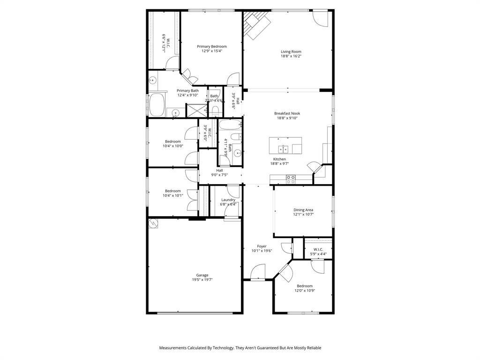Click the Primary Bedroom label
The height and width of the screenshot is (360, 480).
tap(211, 46)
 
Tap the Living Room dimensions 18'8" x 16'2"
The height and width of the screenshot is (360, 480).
tap(291, 56)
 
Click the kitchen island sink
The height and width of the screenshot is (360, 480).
tap(283, 149)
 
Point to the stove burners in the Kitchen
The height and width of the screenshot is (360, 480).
tap(291, 179)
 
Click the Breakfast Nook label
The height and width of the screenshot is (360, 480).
tap(287, 113)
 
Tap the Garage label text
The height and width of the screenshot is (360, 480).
tap(202, 275)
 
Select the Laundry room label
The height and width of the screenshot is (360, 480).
tap(228, 200)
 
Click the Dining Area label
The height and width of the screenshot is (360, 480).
tap(303, 210)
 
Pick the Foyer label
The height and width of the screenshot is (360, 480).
tap(262, 246)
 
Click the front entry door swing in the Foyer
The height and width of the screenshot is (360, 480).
tap(258, 272)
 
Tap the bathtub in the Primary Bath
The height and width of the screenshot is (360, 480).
tap(157, 105)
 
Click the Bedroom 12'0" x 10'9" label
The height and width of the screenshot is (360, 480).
tap(304, 285)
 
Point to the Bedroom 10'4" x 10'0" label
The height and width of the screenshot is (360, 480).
tap(172, 142)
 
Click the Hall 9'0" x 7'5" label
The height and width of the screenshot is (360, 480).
tap(219, 170)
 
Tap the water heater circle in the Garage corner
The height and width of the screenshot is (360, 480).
tap(153, 224)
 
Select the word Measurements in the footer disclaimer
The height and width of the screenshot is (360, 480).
tap(174, 348)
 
